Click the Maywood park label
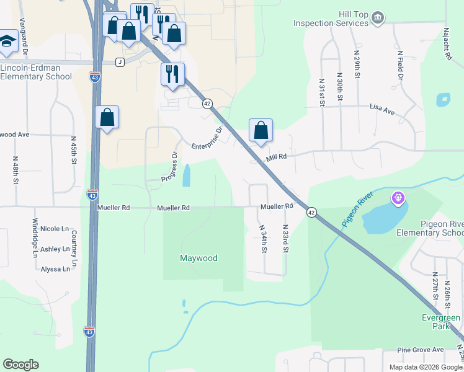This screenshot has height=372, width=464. click(x=199, y=258)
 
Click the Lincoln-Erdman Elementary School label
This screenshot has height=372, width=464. click(x=36, y=72)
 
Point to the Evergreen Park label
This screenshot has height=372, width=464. click(x=438, y=322)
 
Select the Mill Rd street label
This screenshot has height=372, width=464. click(x=276, y=157)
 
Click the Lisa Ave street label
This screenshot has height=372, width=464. click(x=382, y=110)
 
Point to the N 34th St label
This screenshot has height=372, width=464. click(x=263, y=239)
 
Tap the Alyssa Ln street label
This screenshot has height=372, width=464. click(x=55, y=269)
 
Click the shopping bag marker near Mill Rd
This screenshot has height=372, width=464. click(x=261, y=131)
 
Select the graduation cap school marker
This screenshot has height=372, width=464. click(x=7, y=41)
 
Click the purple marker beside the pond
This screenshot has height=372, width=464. click(x=398, y=198)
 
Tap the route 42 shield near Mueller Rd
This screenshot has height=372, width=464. click(x=311, y=212)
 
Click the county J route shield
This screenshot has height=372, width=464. click(x=120, y=62)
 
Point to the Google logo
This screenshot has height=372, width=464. click(x=20, y=365)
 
